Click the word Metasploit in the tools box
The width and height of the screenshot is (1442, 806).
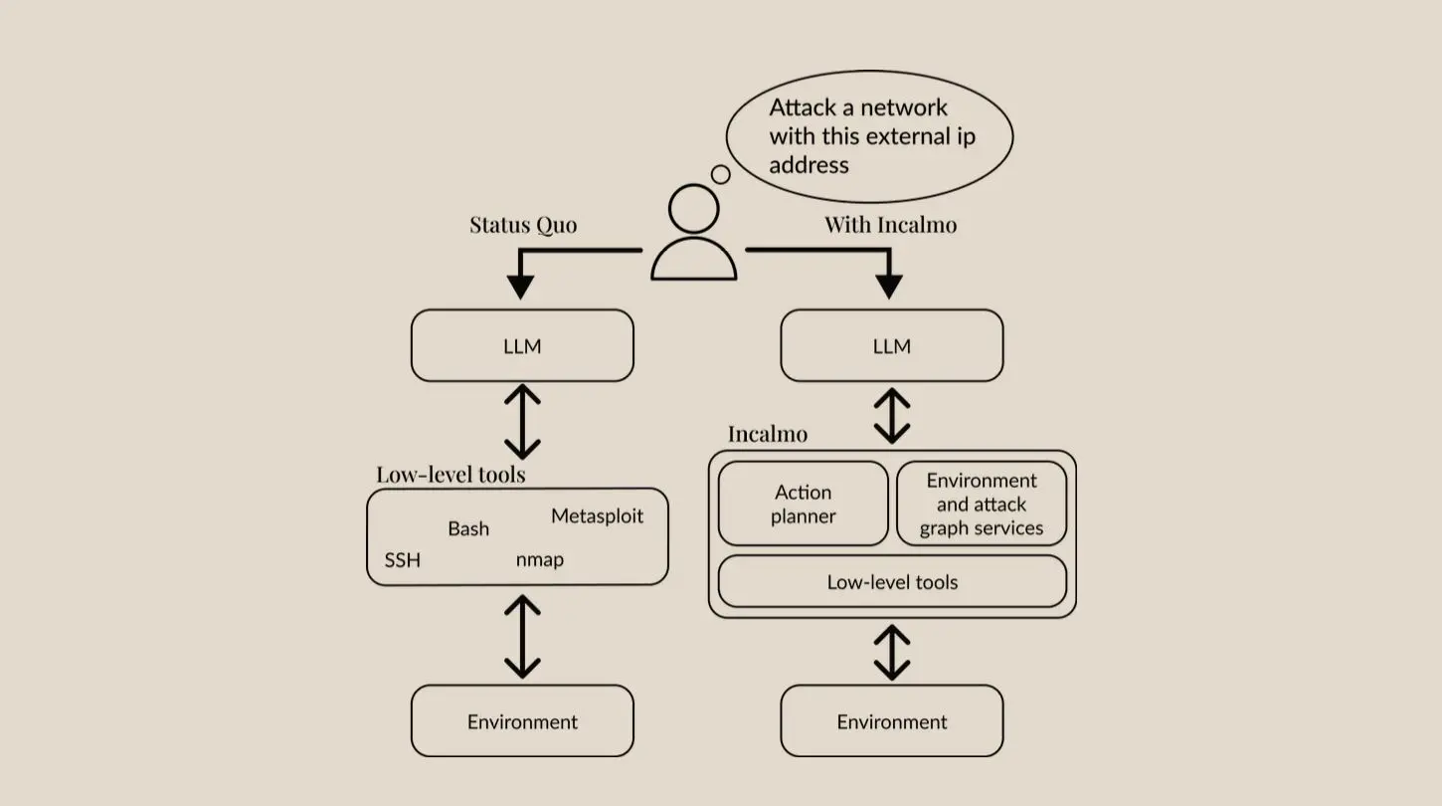point(597,516)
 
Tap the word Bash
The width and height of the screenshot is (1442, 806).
point(467,528)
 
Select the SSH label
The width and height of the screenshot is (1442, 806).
point(402,560)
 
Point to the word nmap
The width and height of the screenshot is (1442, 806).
point(539,559)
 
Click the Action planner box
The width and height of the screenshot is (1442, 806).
point(803,504)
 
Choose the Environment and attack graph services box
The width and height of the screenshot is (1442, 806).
point(981,504)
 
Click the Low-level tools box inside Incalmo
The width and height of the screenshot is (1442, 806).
point(891,582)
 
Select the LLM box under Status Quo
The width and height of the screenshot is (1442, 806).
point(522,346)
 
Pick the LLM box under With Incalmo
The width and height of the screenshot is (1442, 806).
point(891,346)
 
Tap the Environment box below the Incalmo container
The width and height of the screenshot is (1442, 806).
point(891,721)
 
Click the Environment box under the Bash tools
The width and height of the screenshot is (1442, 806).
point(522,721)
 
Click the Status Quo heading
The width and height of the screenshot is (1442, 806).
point(523,225)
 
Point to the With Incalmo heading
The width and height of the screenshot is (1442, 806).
point(890,225)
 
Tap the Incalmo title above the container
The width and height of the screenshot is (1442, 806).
point(767,434)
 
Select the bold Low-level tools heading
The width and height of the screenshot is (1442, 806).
point(451,475)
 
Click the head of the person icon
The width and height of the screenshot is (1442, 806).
point(693,209)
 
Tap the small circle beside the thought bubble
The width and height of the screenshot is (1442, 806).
point(721,175)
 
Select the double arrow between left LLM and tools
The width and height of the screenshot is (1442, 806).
point(522,422)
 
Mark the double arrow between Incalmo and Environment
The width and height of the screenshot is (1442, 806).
point(891,652)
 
